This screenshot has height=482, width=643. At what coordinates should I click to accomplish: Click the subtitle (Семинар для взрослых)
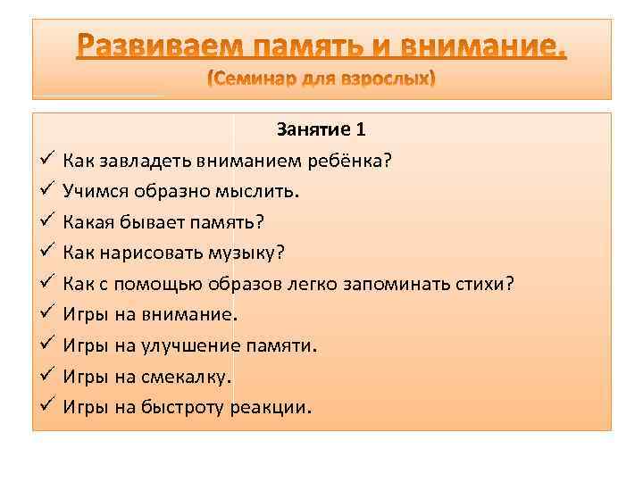[x=321, y=80]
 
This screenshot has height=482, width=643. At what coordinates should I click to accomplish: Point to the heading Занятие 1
[x=321, y=129]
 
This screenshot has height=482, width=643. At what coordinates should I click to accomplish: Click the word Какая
[x=88, y=221]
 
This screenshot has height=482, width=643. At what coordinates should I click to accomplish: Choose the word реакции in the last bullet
[x=272, y=406]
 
